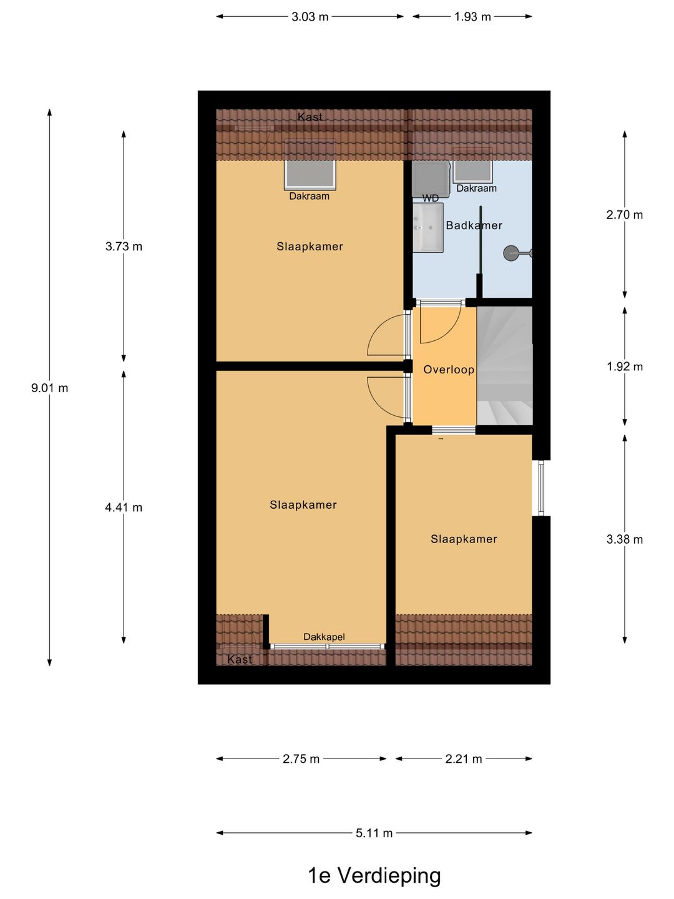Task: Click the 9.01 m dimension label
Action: (50, 388)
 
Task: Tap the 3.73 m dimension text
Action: (124, 247)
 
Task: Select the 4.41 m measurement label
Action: (124, 508)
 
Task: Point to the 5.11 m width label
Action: (374, 833)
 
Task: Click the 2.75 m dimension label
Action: (301, 759)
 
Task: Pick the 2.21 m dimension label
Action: (464, 759)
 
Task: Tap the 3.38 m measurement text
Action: (625, 539)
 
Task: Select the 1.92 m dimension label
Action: (625, 366)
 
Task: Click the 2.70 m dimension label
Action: (625, 215)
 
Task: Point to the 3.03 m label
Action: (310, 17)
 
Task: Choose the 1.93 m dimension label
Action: (472, 17)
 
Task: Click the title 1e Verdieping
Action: (374, 875)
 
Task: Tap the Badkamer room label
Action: (474, 225)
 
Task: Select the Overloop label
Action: (449, 370)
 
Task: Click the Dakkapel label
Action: (324, 637)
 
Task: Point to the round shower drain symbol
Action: (512, 253)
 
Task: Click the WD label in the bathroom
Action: (431, 199)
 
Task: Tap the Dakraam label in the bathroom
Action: (476, 189)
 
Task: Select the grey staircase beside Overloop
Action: (504, 365)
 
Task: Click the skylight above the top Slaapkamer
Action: (310, 174)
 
